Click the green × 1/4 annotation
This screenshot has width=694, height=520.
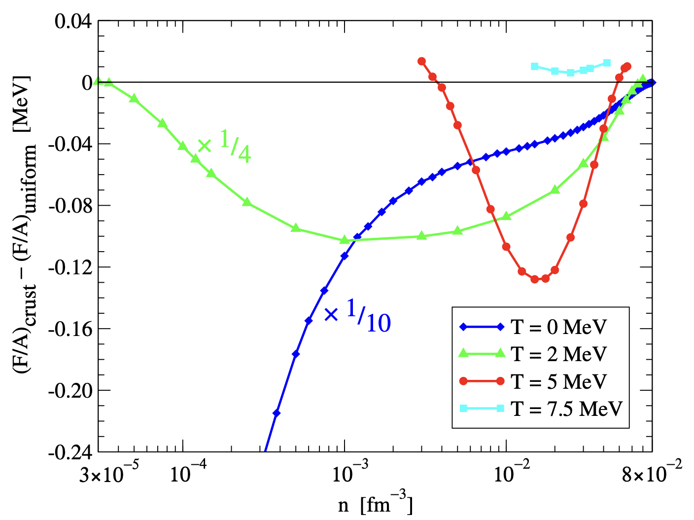pyautogui.click(x=224, y=147)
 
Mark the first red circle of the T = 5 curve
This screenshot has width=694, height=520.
pyautogui.click(x=421, y=61)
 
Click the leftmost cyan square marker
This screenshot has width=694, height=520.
pyautogui.click(x=535, y=66)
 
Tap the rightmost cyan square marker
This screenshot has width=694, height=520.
pyautogui.click(x=607, y=63)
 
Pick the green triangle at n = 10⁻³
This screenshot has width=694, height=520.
pyautogui.click(x=345, y=240)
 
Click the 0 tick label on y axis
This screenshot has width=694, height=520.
pyautogui.click(x=87, y=83)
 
